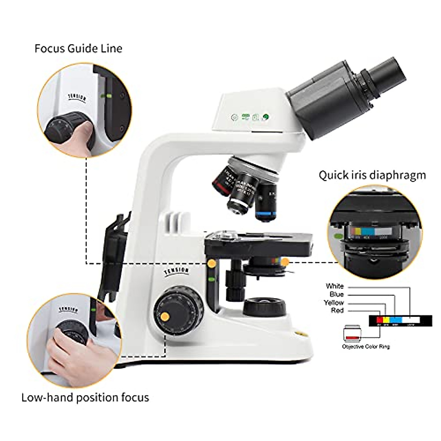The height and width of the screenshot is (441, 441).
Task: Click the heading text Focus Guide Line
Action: pyautogui.click(x=78, y=49)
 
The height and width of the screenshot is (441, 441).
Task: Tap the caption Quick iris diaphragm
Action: pyautogui.click(x=372, y=175)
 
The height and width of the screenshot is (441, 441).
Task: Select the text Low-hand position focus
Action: pyautogui.click(x=85, y=397)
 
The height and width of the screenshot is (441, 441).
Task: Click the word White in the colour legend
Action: pyautogui.click(x=334, y=286)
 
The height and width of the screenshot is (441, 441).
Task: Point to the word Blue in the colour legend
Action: pyautogui.click(x=336, y=294)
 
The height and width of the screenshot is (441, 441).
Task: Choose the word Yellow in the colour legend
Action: pyautogui.click(x=334, y=303)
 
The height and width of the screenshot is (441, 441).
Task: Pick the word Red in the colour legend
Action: pyautogui.click(x=337, y=311)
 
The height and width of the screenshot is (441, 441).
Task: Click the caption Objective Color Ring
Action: pyautogui.click(x=366, y=347)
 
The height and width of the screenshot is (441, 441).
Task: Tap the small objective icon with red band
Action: pyautogui.click(x=352, y=333)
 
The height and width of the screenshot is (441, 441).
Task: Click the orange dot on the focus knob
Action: pyautogui.click(x=165, y=316)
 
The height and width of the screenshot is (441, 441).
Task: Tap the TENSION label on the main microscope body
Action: pyautogui.click(x=177, y=272)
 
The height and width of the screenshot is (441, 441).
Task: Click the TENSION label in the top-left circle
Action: pyautogui.click(x=77, y=98)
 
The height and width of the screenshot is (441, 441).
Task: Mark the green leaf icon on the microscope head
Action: pyautogui.click(x=265, y=117)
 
